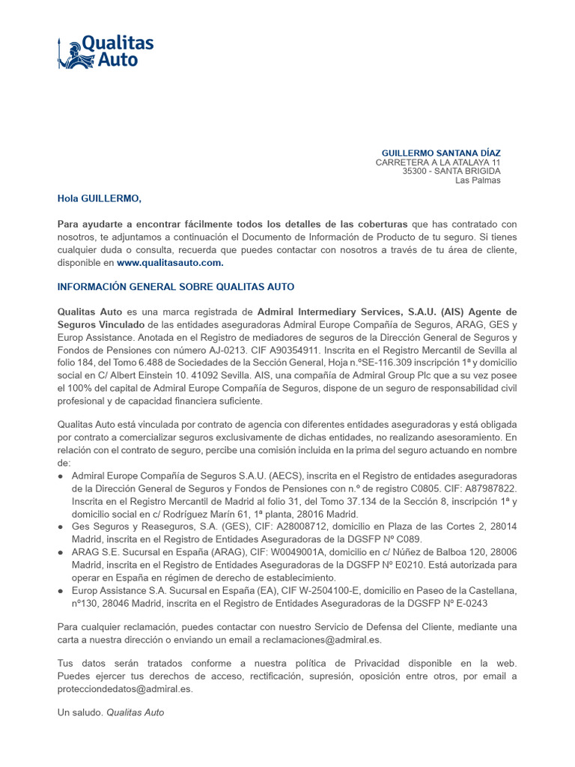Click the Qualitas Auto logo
[x=106, y=52]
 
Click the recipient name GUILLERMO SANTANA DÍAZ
[x=441, y=153]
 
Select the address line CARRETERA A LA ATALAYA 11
[x=437, y=163]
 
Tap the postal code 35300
[x=415, y=172]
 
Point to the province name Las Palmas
[x=478, y=181]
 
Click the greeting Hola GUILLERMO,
[x=99, y=198]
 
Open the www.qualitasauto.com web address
[x=170, y=263]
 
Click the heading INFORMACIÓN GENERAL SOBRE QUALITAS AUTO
[x=176, y=287]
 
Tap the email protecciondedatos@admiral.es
[x=125, y=689]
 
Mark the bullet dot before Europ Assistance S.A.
[x=61, y=591]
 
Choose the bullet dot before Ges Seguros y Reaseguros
[x=61, y=527]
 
